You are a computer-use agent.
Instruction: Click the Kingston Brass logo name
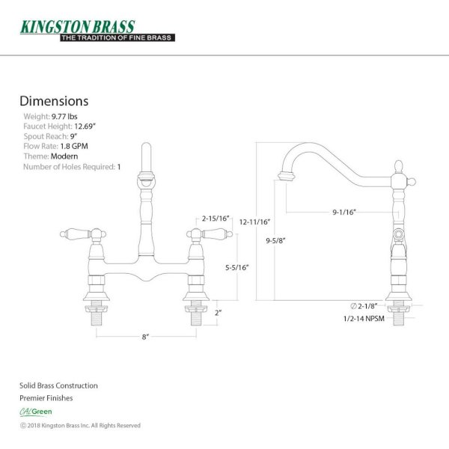(77, 27)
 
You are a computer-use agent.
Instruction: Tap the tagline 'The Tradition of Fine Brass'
(117, 38)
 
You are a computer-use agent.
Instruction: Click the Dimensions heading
(54, 101)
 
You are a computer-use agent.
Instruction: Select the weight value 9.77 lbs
(64, 117)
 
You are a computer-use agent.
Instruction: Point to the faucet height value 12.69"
(85, 126)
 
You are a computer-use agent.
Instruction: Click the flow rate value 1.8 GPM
(74, 147)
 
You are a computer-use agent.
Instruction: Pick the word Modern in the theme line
(64, 156)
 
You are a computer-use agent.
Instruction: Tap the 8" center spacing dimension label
(146, 337)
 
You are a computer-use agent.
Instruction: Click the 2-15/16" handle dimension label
(216, 219)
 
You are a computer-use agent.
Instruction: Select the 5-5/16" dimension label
(236, 267)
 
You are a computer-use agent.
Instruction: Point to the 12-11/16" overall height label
(255, 222)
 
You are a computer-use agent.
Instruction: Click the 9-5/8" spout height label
(275, 240)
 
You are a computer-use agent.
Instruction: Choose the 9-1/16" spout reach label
(344, 213)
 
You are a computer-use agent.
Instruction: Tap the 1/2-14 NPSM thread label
(364, 319)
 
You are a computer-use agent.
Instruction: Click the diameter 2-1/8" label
(364, 306)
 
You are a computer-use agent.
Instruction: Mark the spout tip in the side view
(286, 177)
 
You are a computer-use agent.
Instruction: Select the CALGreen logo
(36, 412)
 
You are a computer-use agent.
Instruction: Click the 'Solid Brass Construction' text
(58, 385)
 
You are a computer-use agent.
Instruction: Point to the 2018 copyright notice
(80, 426)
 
